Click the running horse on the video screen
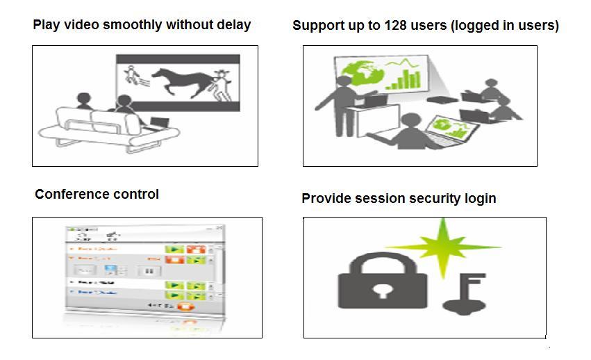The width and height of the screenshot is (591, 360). click(184, 81)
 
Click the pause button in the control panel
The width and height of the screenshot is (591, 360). click(148, 270)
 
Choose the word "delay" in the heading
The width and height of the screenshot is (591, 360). click(231, 25)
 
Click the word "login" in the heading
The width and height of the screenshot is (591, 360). click(479, 198)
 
